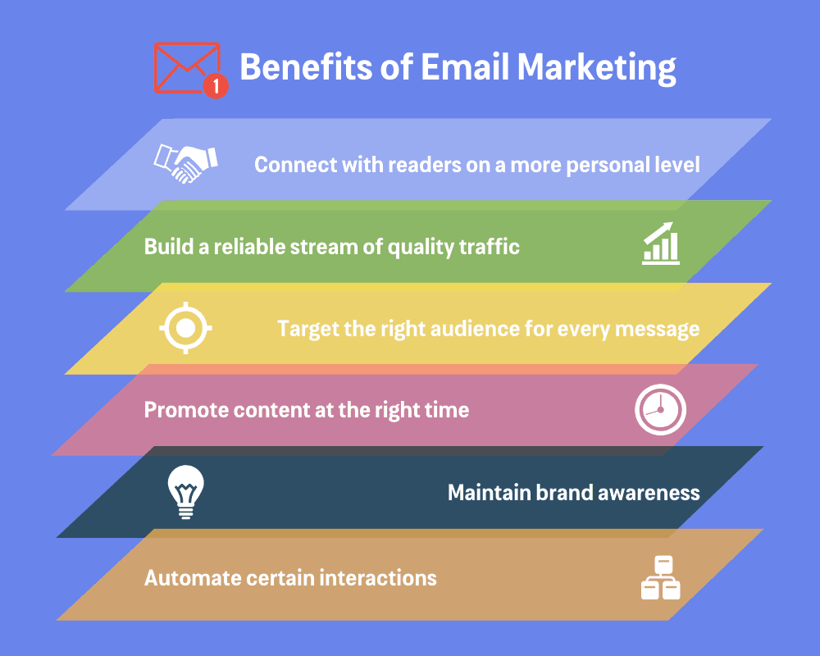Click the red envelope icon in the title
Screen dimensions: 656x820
point(185,66)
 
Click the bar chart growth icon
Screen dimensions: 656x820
point(661,244)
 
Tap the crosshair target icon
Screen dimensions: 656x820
point(185,328)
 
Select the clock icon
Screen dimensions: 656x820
point(660,409)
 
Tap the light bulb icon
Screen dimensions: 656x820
point(186,492)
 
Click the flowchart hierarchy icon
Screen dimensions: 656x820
point(660,578)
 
